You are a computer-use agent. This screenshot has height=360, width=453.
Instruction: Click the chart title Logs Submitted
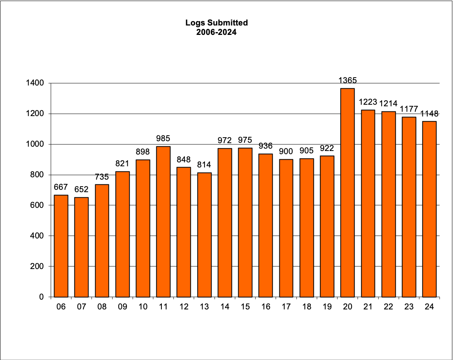[x=216, y=23]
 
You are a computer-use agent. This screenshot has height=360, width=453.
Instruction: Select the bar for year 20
[x=348, y=193]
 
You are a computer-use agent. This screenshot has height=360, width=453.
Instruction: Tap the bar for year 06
[x=61, y=246]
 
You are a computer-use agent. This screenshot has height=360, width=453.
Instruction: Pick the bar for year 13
[x=204, y=235]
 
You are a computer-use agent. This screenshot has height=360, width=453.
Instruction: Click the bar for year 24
[x=429, y=209]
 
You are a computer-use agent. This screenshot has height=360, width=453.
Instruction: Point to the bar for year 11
[x=163, y=222]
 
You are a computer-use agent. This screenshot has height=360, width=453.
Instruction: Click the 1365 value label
[x=348, y=80]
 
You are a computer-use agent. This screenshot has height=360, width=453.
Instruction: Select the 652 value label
[x=81, y=189]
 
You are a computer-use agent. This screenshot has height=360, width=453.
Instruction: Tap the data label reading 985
[x=163, y=138]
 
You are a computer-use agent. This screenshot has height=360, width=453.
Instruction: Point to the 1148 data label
[x=429, y=114]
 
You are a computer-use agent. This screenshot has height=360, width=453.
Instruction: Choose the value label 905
[x=306, y=151]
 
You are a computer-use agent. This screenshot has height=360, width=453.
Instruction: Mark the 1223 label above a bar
[x=368, y=102]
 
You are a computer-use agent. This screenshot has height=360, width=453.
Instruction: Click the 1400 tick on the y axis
[x=35, y=83]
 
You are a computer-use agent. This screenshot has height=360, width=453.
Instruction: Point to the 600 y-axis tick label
[x=37, y=205]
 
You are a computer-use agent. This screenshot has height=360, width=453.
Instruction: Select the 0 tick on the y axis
[x=41, y=297]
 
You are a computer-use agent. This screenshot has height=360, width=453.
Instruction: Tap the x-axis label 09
[x=122, y=307]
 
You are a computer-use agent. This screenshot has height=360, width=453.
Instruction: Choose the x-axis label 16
[x=266, y=307]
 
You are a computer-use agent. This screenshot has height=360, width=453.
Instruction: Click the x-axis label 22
[x=388, y=307]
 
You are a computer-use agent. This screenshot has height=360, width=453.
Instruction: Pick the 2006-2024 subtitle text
[x=216, y=33]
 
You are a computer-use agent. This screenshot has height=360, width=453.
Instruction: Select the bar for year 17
[x=286, y=228]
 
